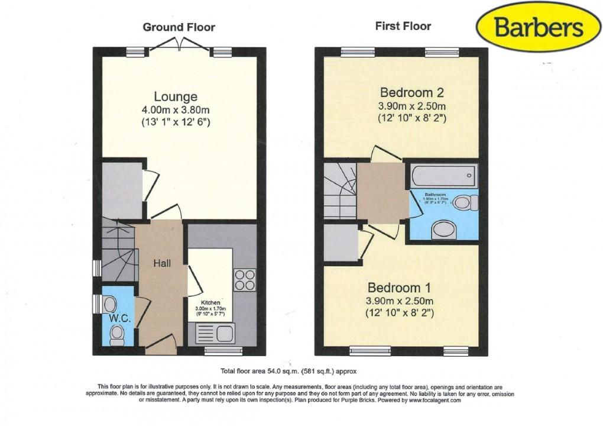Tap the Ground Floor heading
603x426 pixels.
coord(179,27)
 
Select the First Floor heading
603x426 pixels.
coord(403,25)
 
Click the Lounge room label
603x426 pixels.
coord(176,96)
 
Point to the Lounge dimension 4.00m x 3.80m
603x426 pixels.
coord(176,109)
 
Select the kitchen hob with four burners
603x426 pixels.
coord(244,280)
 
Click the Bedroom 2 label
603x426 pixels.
coord(411,93)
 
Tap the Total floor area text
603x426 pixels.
coord(290,372)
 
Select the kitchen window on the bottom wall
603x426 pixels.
coord(223,351)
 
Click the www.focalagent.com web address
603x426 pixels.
coord(423,400)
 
